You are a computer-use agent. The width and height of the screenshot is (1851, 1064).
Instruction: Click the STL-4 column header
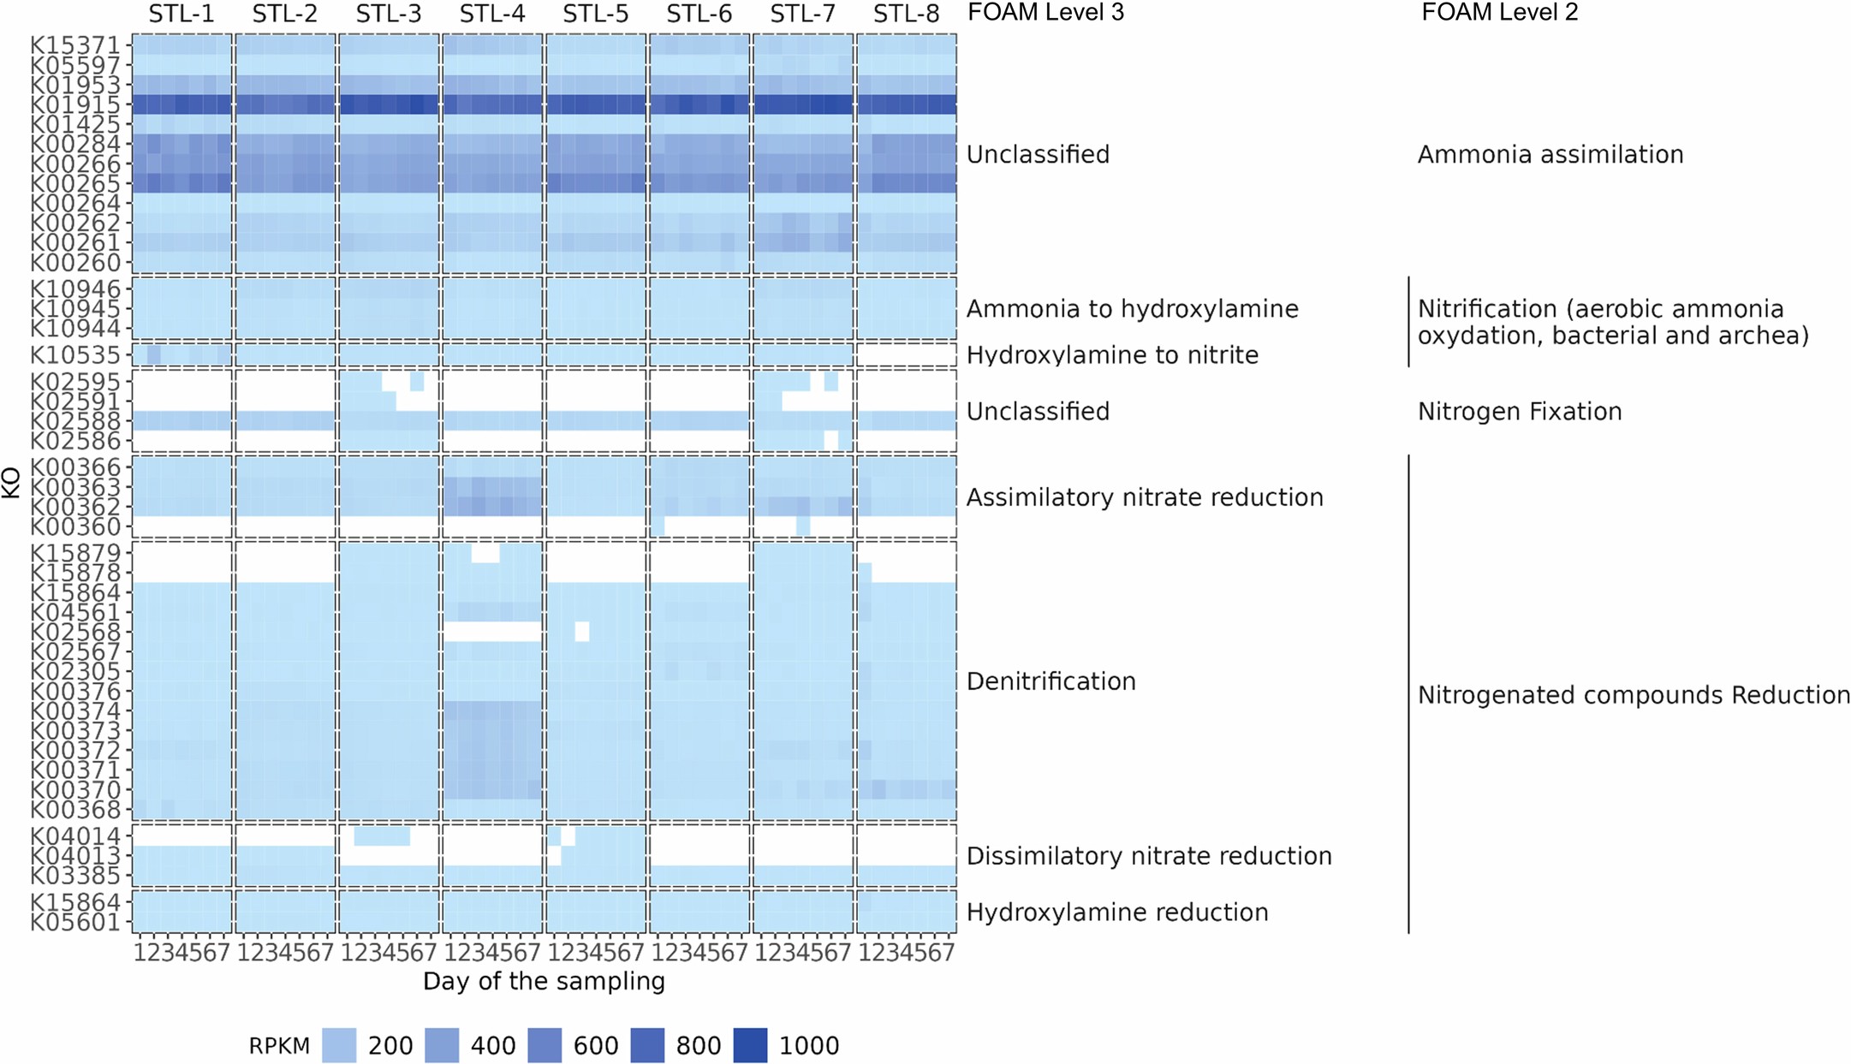pos(492,15)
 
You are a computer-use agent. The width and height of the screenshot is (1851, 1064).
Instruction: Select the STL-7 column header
pos(803,15)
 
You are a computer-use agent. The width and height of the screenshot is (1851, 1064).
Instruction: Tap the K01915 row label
pos(75,104)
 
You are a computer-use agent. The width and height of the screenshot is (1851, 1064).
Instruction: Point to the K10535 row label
pos(75,354)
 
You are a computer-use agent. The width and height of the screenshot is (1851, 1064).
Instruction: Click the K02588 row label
pos(75,421)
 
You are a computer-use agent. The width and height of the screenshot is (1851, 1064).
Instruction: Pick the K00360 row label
pos(75,526)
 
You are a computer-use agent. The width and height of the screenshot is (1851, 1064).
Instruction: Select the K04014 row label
pos(75,835)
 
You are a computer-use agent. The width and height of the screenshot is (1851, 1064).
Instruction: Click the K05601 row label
pos(75,922)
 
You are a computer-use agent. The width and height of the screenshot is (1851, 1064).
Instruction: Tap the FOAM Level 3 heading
pos(1045,13)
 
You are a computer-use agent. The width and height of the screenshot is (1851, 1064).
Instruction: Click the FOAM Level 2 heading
pos(1499,13)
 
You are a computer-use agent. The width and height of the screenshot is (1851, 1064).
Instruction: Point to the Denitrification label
pos(1050,681)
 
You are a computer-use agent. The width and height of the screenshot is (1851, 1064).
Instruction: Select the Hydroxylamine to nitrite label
pos(1112,355)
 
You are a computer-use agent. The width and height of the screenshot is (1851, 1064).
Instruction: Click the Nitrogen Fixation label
pos(1520,412)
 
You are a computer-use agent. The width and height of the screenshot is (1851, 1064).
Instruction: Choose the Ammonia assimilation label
pos(1550,155)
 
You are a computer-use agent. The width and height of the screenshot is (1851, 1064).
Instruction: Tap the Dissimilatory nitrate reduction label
pos(1149,856)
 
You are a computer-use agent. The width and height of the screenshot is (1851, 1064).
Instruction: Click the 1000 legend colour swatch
pos(750,1045)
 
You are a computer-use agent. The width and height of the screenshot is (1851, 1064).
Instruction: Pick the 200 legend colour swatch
pos(339,1045)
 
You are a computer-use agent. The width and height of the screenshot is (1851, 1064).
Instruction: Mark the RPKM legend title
pos(279,1046)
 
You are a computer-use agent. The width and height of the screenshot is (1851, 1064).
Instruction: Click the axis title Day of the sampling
pos(544,981)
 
